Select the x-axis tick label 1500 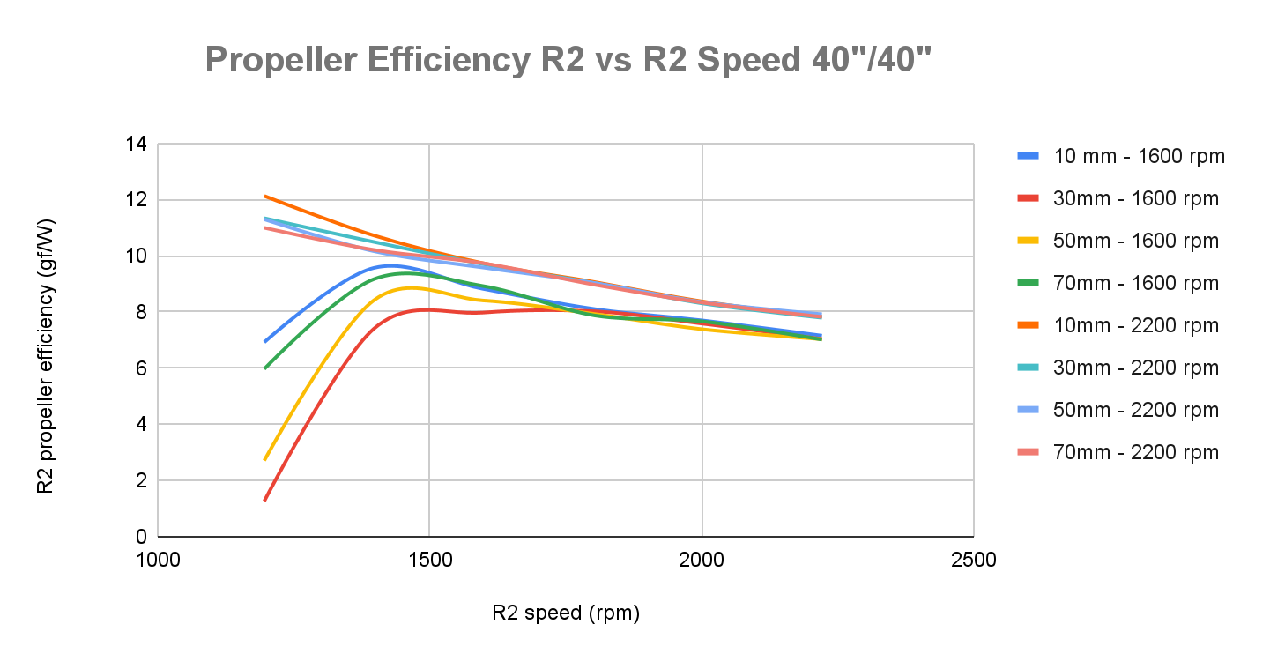[429, 561]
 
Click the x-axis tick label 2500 [974, 561]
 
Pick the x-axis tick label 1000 [157, 561]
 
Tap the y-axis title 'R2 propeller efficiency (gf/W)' [45, 355]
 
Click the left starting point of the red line [264, 501]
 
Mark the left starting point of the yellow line [264, 460]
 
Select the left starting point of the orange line [264, 196]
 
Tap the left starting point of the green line [264, 368]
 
